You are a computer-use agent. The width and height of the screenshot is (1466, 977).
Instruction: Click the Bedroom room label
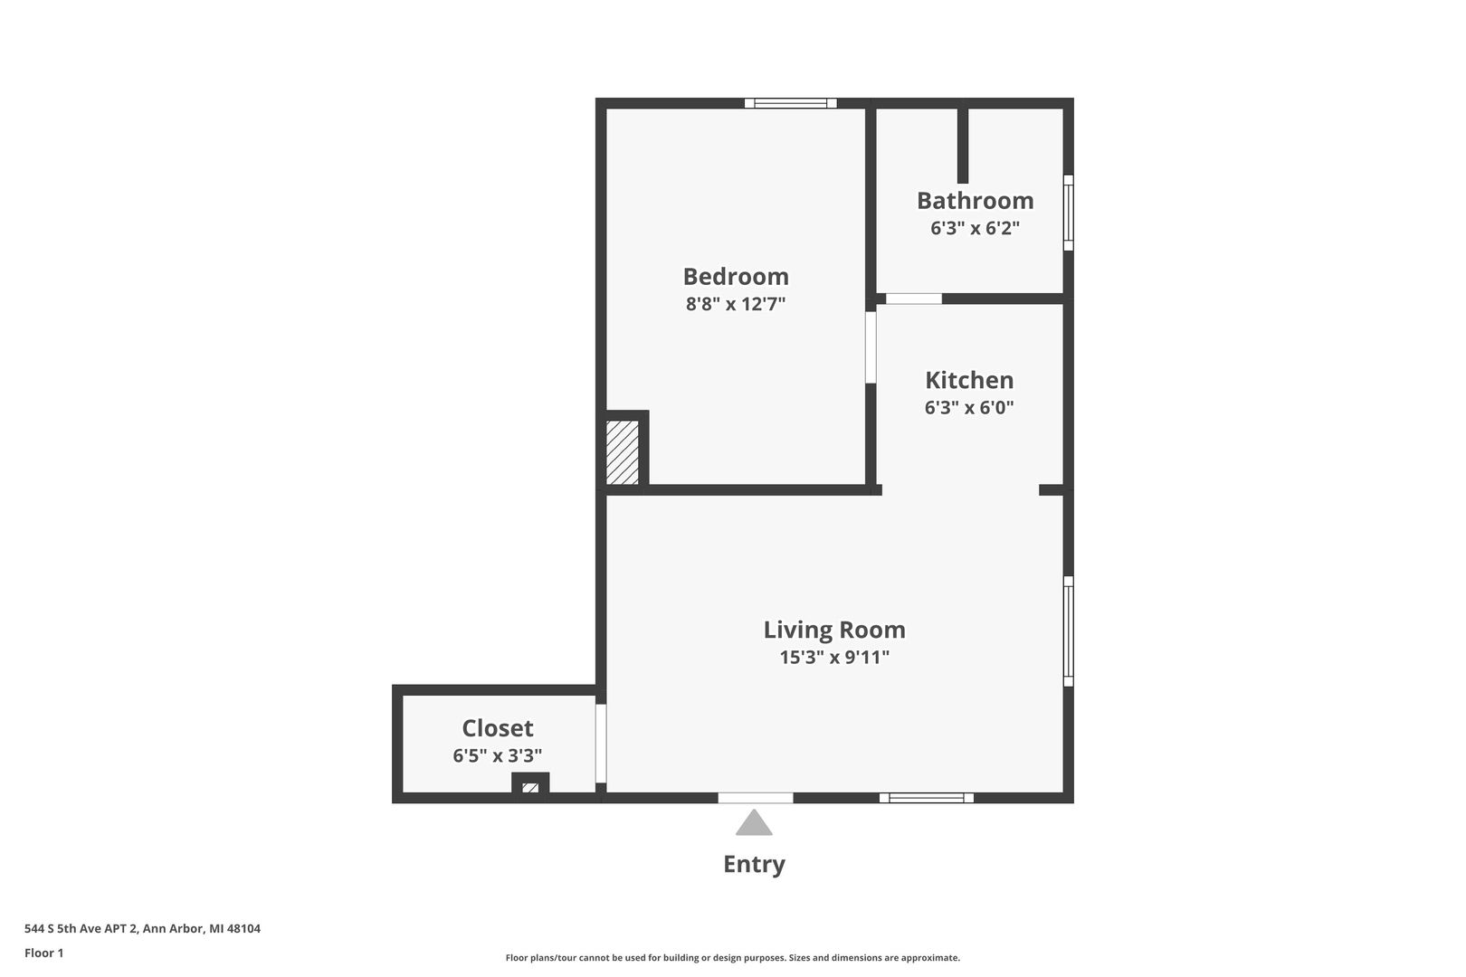coord(736,277)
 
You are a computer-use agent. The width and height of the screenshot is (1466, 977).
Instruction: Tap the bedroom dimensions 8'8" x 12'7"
coord(736,304)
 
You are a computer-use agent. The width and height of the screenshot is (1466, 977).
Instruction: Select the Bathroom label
coord(976,201)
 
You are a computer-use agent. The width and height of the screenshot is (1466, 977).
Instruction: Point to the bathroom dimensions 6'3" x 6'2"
coord(976,228)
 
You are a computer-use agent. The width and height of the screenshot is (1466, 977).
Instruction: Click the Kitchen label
coord(969,380)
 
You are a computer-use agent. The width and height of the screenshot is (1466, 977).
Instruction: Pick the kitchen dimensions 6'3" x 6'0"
coord(969,407)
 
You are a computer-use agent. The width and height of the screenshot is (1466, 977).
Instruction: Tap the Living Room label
coord(834,630)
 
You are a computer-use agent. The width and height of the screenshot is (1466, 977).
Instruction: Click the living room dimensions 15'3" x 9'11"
coord(834,657)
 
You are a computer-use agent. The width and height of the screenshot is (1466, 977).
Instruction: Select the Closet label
coord(498,728)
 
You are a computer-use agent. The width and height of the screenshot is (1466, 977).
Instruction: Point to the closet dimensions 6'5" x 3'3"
coord(498,755)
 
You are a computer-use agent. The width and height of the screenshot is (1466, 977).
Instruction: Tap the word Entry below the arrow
coord(754,865)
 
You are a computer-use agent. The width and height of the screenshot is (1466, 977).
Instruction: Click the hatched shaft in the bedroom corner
coord(622,452)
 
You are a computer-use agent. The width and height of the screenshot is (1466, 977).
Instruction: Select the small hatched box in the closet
coord(530,787)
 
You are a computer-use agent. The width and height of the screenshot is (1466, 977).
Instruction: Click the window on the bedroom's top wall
coord(791,103)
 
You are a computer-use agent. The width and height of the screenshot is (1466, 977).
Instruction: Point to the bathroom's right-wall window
coord(1068,213)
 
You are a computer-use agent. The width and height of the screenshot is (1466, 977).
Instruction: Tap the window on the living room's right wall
coord(1068,631)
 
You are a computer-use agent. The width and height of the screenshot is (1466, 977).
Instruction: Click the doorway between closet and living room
coord(601,744)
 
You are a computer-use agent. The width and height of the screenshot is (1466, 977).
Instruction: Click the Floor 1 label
coord(43,953)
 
